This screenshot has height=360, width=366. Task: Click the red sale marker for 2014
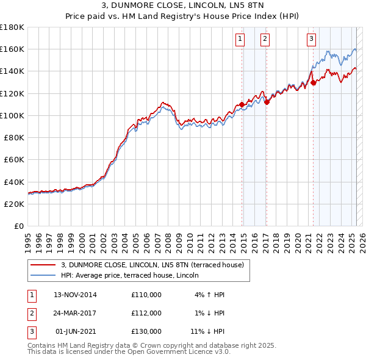(242, 104)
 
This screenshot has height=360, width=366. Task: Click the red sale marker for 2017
(267, 102)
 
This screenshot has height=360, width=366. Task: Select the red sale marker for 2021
(313, 82)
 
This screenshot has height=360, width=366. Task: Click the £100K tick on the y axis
(12, 115)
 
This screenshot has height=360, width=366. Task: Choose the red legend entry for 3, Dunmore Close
(152, 265)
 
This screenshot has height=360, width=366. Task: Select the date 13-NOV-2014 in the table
(75, 295)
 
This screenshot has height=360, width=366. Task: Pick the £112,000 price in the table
(146, 313)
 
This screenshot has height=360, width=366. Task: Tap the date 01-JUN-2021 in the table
(76, 331)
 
